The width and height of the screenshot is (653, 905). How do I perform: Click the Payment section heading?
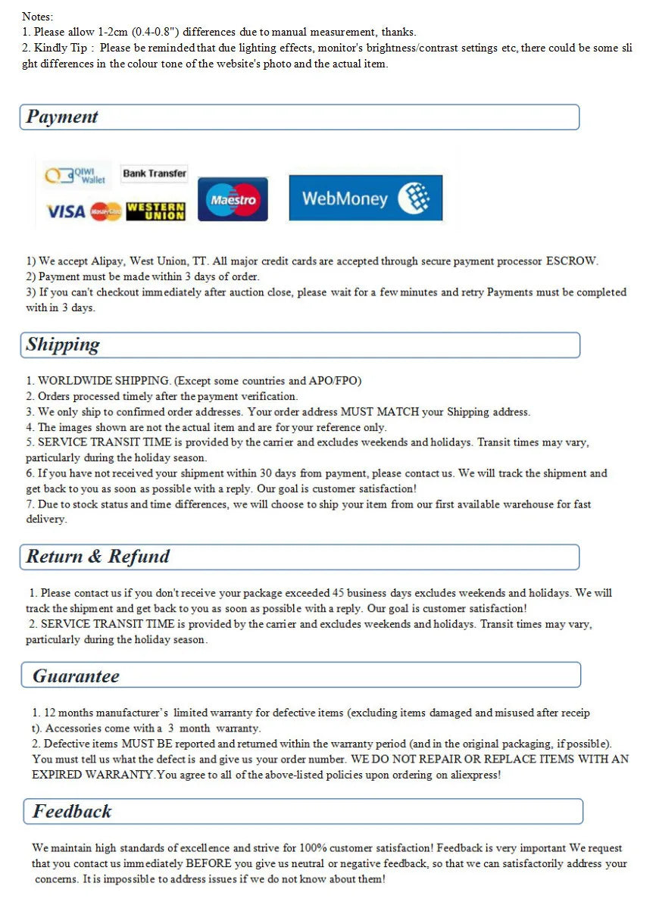(x=62, y=117)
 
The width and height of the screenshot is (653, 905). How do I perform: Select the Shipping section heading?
(x=63, y=345)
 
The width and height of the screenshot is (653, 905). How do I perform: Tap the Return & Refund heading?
(x=98, y=557)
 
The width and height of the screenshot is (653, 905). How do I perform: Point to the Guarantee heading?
(x=76, y=676)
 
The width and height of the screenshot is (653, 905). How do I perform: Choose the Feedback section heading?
(x=72, y=811)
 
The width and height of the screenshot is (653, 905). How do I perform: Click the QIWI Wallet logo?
(x=76, y=176)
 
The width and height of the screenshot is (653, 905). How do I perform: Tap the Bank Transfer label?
(x=155, y=173)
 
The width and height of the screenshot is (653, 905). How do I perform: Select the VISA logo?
(x=66, y=212)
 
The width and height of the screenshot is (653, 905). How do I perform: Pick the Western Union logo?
(x=155, y=211)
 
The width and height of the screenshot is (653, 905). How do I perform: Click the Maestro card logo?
(x=233, y=200)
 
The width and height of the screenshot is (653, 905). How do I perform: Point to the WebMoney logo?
(x=365, y=198)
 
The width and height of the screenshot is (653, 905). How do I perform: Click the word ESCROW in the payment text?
(x=571, y=261)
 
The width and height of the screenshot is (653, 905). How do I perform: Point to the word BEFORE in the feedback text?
(x=208, y=863)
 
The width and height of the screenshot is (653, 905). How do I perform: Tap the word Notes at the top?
(x=37, y=16)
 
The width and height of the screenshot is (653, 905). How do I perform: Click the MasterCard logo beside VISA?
(x=105, y=212)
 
